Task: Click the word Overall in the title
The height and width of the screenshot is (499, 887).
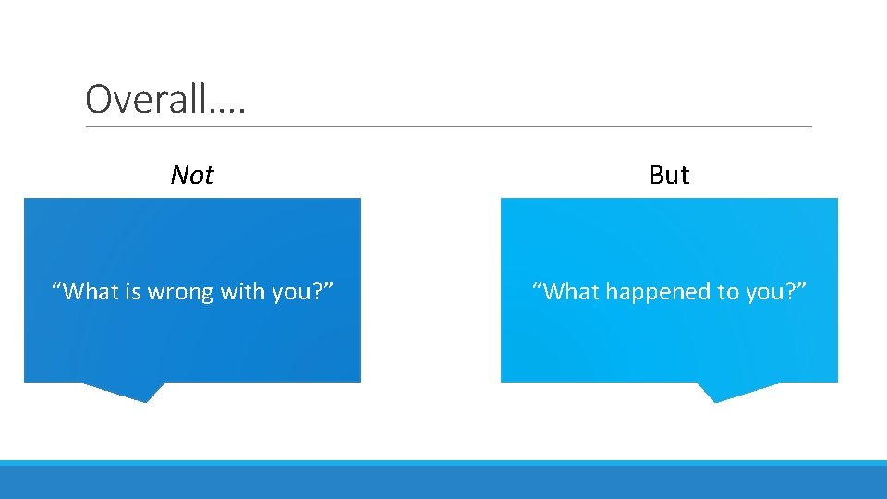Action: [x=148, y=98]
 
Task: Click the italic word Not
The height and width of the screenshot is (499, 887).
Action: [x=192, y=175]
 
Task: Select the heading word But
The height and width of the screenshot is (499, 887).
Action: [x=669, y=175]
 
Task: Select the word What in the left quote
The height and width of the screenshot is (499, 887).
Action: [x=91, y=292]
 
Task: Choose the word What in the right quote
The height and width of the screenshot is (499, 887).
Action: [x=572, y=292]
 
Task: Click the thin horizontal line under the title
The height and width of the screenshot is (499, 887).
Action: [x=449, y=127]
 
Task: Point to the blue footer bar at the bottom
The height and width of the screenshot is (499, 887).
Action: [x=443, y=481]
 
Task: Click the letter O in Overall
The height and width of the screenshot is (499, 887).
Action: [x=96, y=98]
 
